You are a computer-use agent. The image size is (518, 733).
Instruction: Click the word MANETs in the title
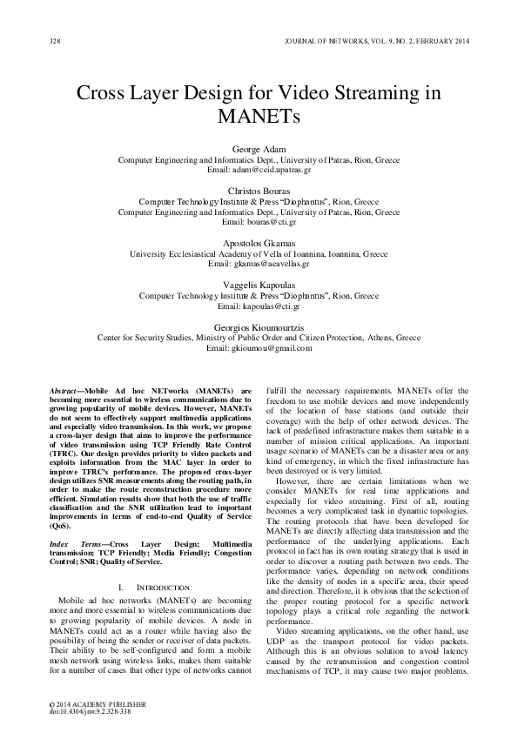259,117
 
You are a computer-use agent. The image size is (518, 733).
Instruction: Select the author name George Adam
259,150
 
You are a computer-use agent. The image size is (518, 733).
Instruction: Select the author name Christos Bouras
259,190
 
